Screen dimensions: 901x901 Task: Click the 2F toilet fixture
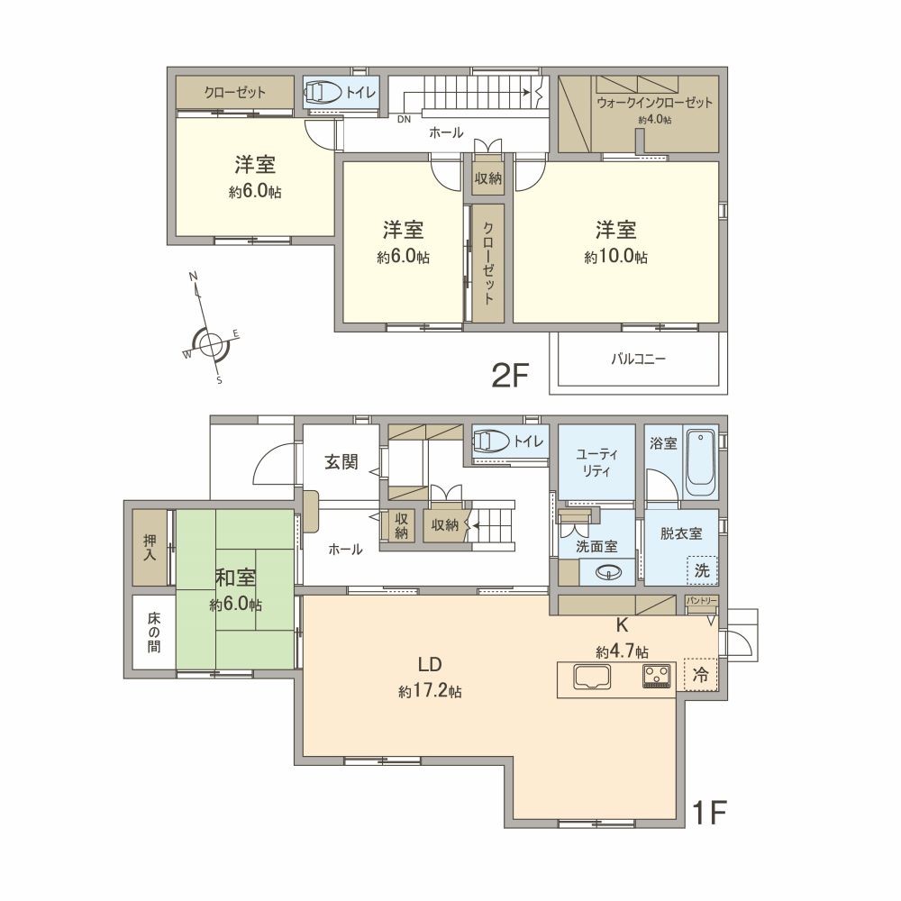point(323,92)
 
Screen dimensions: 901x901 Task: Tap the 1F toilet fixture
point(491,441)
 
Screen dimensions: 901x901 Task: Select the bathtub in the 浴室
point(700,464)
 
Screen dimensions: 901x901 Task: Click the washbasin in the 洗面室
point(608,573)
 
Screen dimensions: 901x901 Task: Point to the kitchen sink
point(592,676)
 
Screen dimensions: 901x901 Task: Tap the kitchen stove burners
point(657,676)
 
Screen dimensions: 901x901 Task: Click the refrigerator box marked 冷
point(700,674)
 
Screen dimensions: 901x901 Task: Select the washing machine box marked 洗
point(702,570)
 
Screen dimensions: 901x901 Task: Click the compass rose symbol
point(210,342)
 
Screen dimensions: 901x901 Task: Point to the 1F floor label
point(710,812)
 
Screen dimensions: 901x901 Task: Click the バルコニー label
point(638,359)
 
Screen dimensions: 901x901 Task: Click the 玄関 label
point(341,461)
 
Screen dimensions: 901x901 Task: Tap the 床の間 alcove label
point(153,633)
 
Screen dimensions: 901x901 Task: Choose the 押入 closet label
point(150,547)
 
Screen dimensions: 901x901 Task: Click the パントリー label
point(702,600)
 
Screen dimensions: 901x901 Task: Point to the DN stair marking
point(404,120)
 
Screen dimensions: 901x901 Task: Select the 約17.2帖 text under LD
point(430,691)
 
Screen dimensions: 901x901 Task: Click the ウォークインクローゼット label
point(654,103)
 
